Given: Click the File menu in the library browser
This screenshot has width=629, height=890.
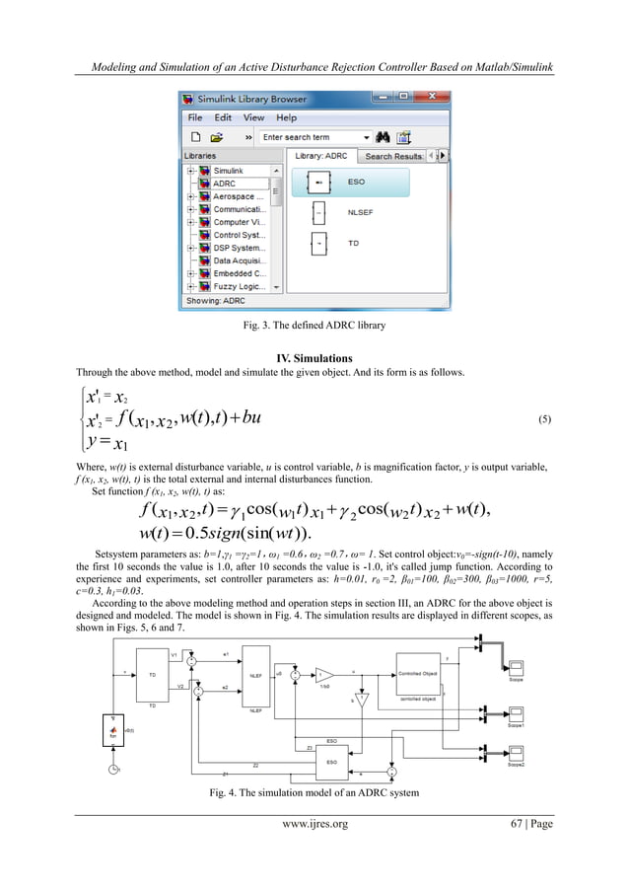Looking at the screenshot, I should [195, 117].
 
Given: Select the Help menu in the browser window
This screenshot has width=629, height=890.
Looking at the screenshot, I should [286, 117].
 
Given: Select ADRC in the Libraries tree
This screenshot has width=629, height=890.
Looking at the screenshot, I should [224, 184].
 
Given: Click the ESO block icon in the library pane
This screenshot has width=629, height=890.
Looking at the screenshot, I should [319, 183].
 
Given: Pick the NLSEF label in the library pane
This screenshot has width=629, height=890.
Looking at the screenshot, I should [362, 210].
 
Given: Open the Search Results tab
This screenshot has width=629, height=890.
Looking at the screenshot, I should [394, 156].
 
